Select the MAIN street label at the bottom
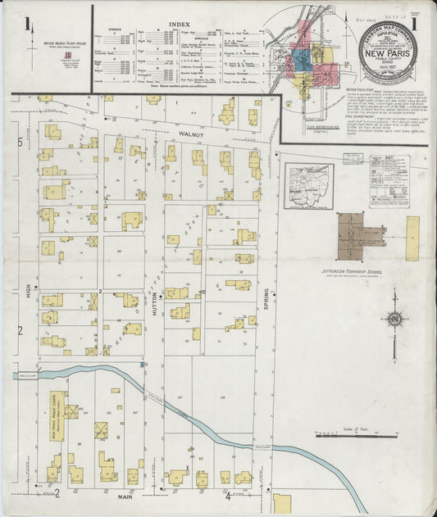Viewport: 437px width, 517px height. (x=125, y=497)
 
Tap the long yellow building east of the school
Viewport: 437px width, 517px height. (x=412, y=238)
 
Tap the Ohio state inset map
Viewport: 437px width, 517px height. (x=308, y=186)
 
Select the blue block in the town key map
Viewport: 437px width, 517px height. (x=301, y=59)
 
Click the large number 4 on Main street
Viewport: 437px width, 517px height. (x=228, y=496)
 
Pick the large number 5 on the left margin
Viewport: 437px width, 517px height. (x=20, y=142)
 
